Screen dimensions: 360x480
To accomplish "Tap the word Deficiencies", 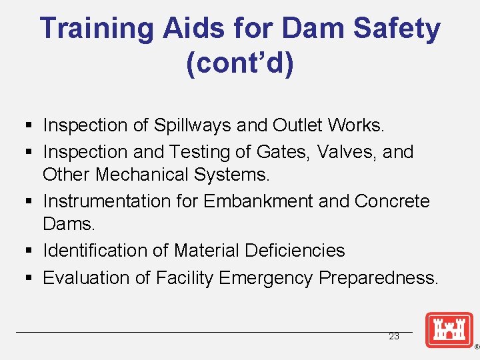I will [295, 251].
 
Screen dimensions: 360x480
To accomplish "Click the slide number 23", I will [394, 336].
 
